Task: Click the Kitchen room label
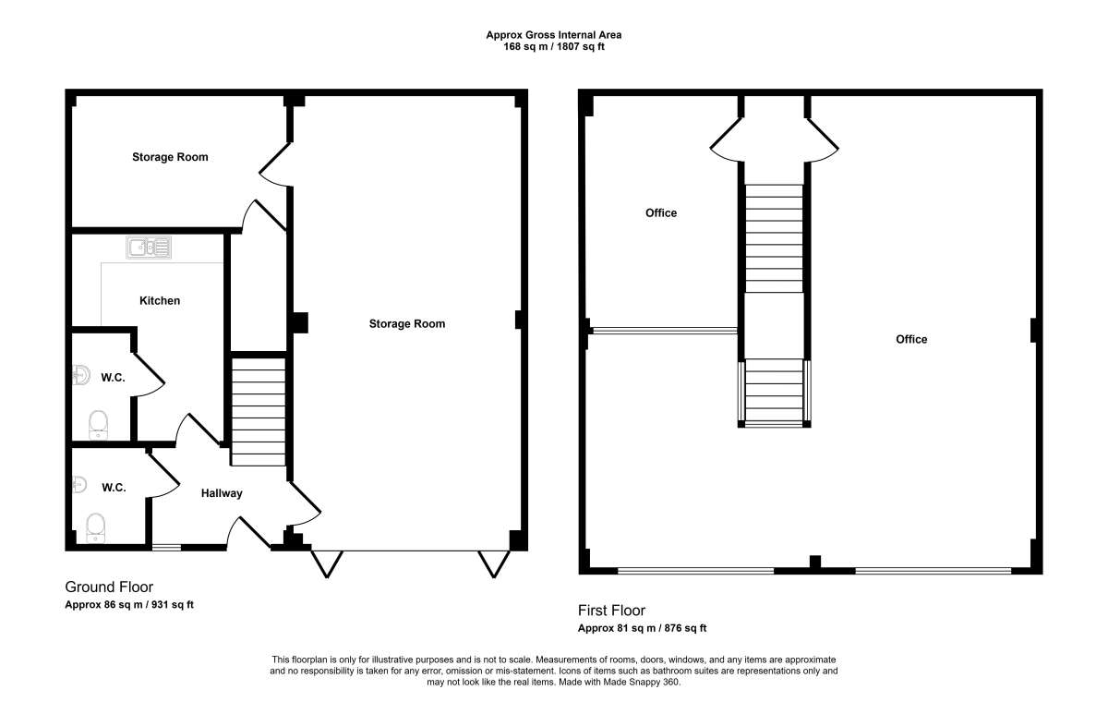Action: [159, 301]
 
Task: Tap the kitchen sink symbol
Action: [149, 248]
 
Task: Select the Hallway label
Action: [222, 493]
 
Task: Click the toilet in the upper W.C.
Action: [98, 425]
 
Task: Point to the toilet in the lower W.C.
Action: [95, 527]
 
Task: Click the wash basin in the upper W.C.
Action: [81, 375]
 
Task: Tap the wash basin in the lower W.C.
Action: [79, 485]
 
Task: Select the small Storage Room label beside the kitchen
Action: [170, 157]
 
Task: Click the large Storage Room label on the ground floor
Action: [407, 324]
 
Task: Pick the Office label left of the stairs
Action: [661, 213]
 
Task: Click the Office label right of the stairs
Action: [911, 339]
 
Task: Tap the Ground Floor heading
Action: [109, 587]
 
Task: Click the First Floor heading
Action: [611, 611]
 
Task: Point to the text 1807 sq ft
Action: [581, 47]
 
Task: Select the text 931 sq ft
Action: [173, 604]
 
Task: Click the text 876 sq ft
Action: [685, 628]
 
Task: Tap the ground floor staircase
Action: [259, 412]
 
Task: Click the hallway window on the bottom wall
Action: [167, 547]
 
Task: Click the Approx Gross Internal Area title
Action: [553, 35]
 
